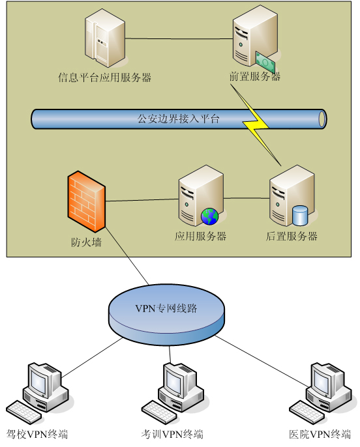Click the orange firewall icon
87,201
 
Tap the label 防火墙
86,242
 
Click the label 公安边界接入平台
179,119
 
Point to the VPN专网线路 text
166,308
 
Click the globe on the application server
209,216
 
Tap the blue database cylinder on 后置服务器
300,215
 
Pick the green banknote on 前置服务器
265,63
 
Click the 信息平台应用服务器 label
105,78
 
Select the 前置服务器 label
255,77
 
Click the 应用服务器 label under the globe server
200,237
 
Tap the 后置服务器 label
292,237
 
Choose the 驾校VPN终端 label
37,435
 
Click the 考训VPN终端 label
172,435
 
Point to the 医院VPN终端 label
320,435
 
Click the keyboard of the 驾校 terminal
24,412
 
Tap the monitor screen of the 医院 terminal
322,381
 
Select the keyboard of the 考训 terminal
160,412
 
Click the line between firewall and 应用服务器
142,200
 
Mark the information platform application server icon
105,38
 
